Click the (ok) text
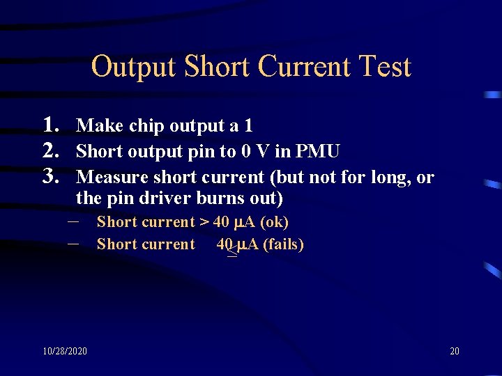coord(273,222)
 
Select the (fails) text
coord(282,244)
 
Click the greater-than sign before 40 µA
coord(204,222)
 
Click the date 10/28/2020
coord(64,351)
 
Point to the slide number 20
coord(455,351)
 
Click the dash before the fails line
coord(74,244)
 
